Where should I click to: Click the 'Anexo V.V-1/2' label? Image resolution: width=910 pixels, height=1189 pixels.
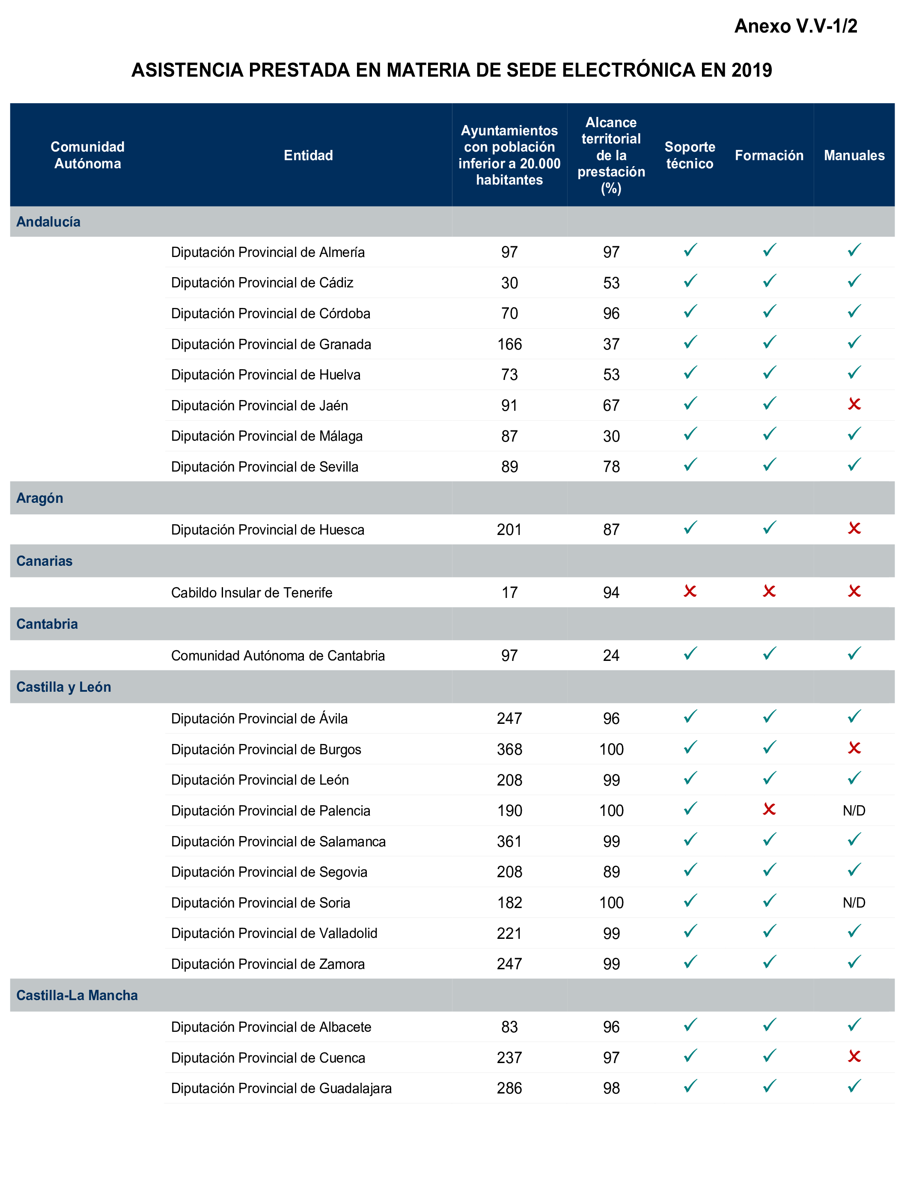click(x=795, y=26)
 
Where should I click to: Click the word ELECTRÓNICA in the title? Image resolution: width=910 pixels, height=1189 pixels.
click(x=627, y=70)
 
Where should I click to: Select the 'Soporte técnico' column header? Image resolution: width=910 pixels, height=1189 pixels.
click(x=690, y=155)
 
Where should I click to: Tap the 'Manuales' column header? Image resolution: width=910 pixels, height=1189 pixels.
click(x=853, y=155)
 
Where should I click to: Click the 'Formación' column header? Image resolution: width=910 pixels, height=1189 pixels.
click(x=769, y=155)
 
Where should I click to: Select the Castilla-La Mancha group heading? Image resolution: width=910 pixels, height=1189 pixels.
click(x=77, y=995)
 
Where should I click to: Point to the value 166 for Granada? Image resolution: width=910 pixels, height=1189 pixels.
click(x=509, y=344)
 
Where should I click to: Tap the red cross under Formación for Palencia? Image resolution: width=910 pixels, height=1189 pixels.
click(x=769, y=809)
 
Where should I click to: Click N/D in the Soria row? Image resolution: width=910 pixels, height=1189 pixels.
click(x=853, y=902)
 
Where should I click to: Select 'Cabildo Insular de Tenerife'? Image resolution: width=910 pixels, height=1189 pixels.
click(x=251, y=592)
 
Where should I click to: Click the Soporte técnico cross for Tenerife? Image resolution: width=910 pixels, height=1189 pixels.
click(x=690, y=591)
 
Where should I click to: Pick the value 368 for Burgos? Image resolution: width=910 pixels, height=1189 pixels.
click(x=509, y=749)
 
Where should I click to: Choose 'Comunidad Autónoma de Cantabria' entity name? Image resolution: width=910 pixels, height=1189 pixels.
click(x=278, y=655)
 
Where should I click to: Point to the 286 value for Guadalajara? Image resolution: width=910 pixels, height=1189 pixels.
click(x=509, y=1088)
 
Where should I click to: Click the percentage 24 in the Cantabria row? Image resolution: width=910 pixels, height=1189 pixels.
click(x=611, y=655)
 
